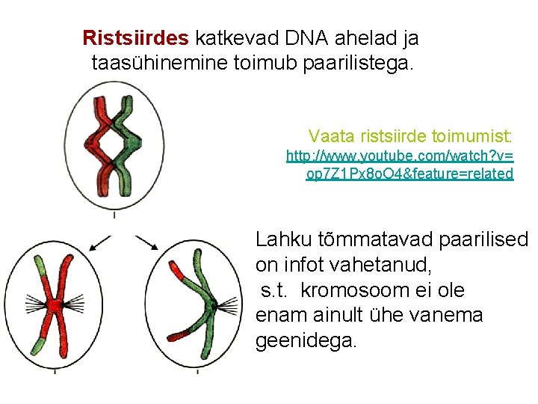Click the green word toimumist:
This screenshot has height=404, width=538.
(x=474, y=136)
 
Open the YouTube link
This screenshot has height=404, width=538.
(x=401, y=165)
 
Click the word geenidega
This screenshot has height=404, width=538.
(x=306, y=341)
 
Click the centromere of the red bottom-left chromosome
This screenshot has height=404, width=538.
(x=54, y=306)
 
